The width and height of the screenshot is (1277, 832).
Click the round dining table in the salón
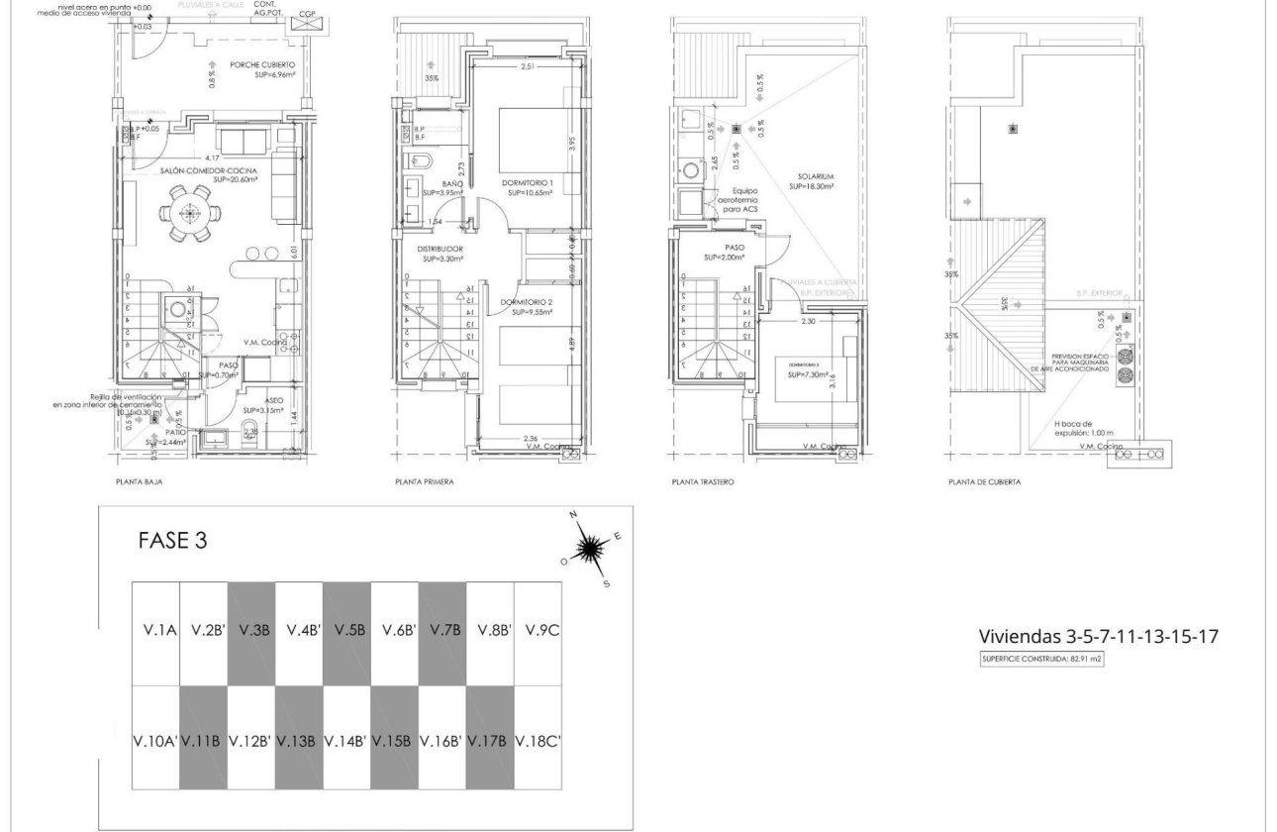188,215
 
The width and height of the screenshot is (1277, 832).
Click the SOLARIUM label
811,180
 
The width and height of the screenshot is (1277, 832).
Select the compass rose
591,548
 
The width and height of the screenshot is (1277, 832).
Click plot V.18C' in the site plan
539,740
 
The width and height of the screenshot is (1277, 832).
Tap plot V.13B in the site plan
298,740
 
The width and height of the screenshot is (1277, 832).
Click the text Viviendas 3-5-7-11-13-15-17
1098,636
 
